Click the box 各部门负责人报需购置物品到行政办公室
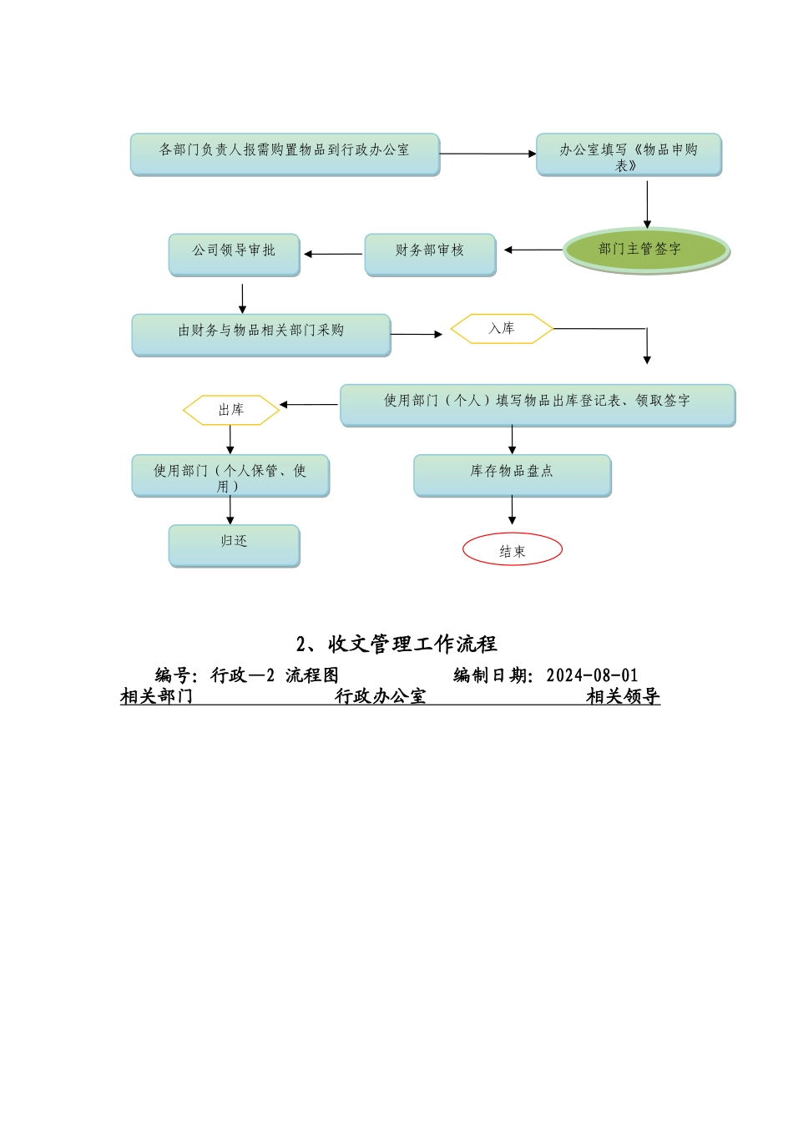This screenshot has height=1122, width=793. pos(285,154)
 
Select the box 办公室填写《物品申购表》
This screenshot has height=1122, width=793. pos(629,154)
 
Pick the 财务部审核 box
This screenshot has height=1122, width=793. pos(430,254)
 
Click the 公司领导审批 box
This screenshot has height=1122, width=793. pos(234,254)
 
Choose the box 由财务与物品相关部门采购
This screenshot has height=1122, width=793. pos(260,334)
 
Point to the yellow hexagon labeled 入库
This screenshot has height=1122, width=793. pos(502,329)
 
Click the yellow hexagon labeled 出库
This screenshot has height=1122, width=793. pos(231,410)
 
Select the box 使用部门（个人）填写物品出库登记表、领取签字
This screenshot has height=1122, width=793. pos(538,404)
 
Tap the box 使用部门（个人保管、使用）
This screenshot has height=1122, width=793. pos(230,475)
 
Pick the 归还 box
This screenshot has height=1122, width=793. pos(234,544)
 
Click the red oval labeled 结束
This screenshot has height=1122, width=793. pos(513,549)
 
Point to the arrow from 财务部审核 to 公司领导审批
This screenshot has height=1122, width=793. pos(333,254)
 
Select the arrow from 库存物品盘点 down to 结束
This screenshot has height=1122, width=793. pos(513,511)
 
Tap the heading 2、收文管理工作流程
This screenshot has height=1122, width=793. pos(396,644)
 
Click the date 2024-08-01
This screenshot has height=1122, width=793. pos(592,675)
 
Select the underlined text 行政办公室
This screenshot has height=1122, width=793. pos(381,696)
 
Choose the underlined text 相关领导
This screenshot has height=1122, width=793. pos(623,696)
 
